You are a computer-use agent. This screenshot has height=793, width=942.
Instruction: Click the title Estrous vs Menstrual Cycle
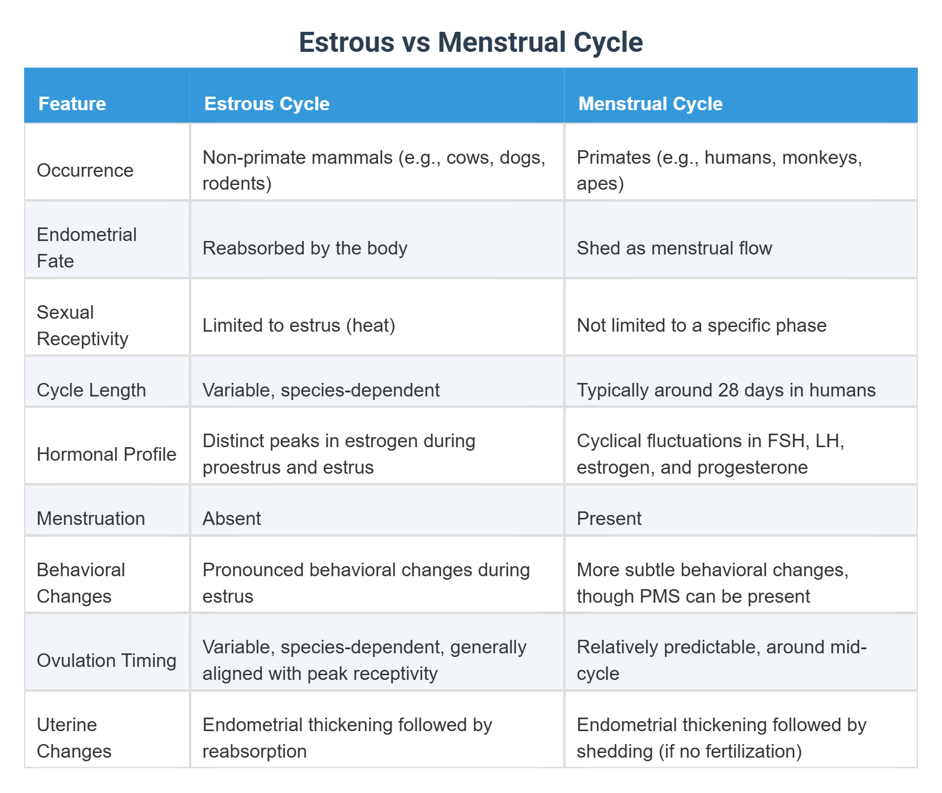pos(470,42)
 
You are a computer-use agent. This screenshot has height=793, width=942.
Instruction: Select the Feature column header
pos(72,104)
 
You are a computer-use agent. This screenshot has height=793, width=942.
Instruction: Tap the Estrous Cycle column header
pos(267,104)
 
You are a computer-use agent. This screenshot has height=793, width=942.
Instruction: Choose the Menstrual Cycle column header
pos(650,104)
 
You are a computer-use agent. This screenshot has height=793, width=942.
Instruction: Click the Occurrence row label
pos(85,170)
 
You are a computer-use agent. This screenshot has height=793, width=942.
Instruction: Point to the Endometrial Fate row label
pos(86,247)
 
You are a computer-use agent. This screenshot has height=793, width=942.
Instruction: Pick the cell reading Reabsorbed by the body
pos(304,248)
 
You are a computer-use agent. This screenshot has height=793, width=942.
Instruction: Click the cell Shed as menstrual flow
pos(674,248)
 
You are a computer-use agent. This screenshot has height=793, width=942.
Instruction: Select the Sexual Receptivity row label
pos(82,325)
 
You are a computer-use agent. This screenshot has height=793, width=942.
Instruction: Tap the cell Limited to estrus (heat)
pos(298,325)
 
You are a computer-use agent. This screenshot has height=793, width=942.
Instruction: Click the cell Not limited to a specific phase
pos(701,325)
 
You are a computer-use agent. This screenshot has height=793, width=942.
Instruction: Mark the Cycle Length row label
pos(91,390)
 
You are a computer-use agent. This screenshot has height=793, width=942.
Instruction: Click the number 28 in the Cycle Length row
pos(729,390)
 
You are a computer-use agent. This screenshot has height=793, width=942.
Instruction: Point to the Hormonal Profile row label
pos(107,454)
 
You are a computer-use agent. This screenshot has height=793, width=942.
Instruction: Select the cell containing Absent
pos(231,518)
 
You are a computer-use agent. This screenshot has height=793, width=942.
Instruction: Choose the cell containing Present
pos(609,518)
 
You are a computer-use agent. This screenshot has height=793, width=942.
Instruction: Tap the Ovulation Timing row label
pos(107,660)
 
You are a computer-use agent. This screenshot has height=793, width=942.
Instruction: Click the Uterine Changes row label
pos(74,738)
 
